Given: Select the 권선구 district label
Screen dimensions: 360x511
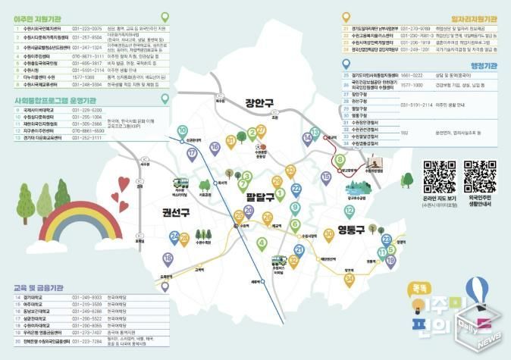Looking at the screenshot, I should (x=175, y=212).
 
